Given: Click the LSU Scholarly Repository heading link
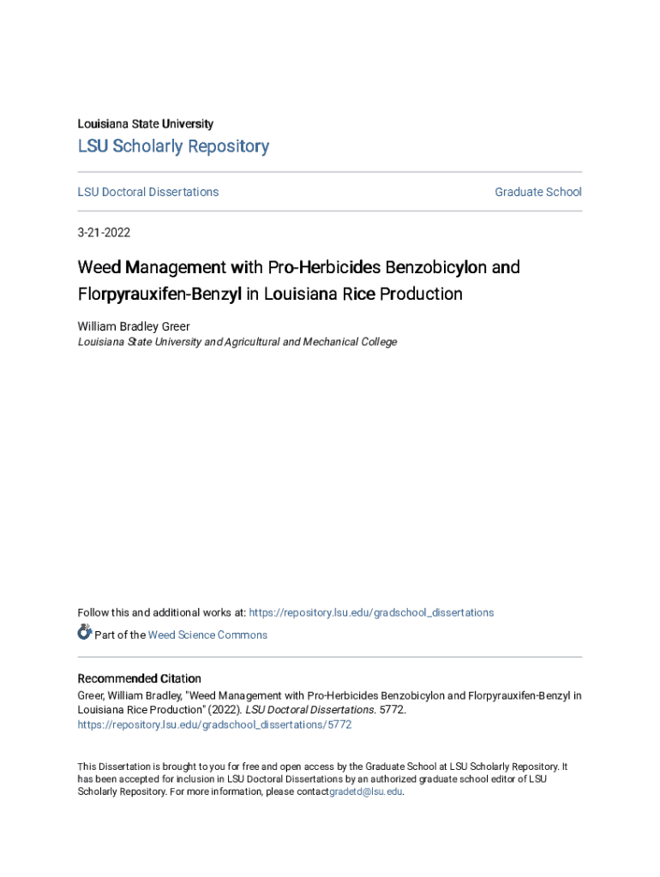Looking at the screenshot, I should click(x=173, y=146).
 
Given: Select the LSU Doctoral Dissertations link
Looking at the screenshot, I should click(x=148, y=192).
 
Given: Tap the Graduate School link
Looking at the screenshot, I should click(x=538, y=192).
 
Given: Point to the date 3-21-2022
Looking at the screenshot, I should click(x=104, y=232).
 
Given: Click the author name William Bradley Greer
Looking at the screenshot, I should click(x=134, y=326).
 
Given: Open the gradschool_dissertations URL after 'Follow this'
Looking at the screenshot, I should click(x=371, y=612).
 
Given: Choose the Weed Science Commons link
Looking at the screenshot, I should click(x=207, y=635).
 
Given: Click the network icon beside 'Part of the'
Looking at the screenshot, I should click(x=84, y=633).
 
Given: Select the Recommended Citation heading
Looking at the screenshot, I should click(x=140, y=678).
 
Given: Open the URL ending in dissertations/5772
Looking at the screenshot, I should click(x=214, y=725).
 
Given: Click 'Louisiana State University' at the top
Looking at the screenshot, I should click(x=146, y=124).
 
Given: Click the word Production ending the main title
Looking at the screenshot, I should click(x=421, y=295).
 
